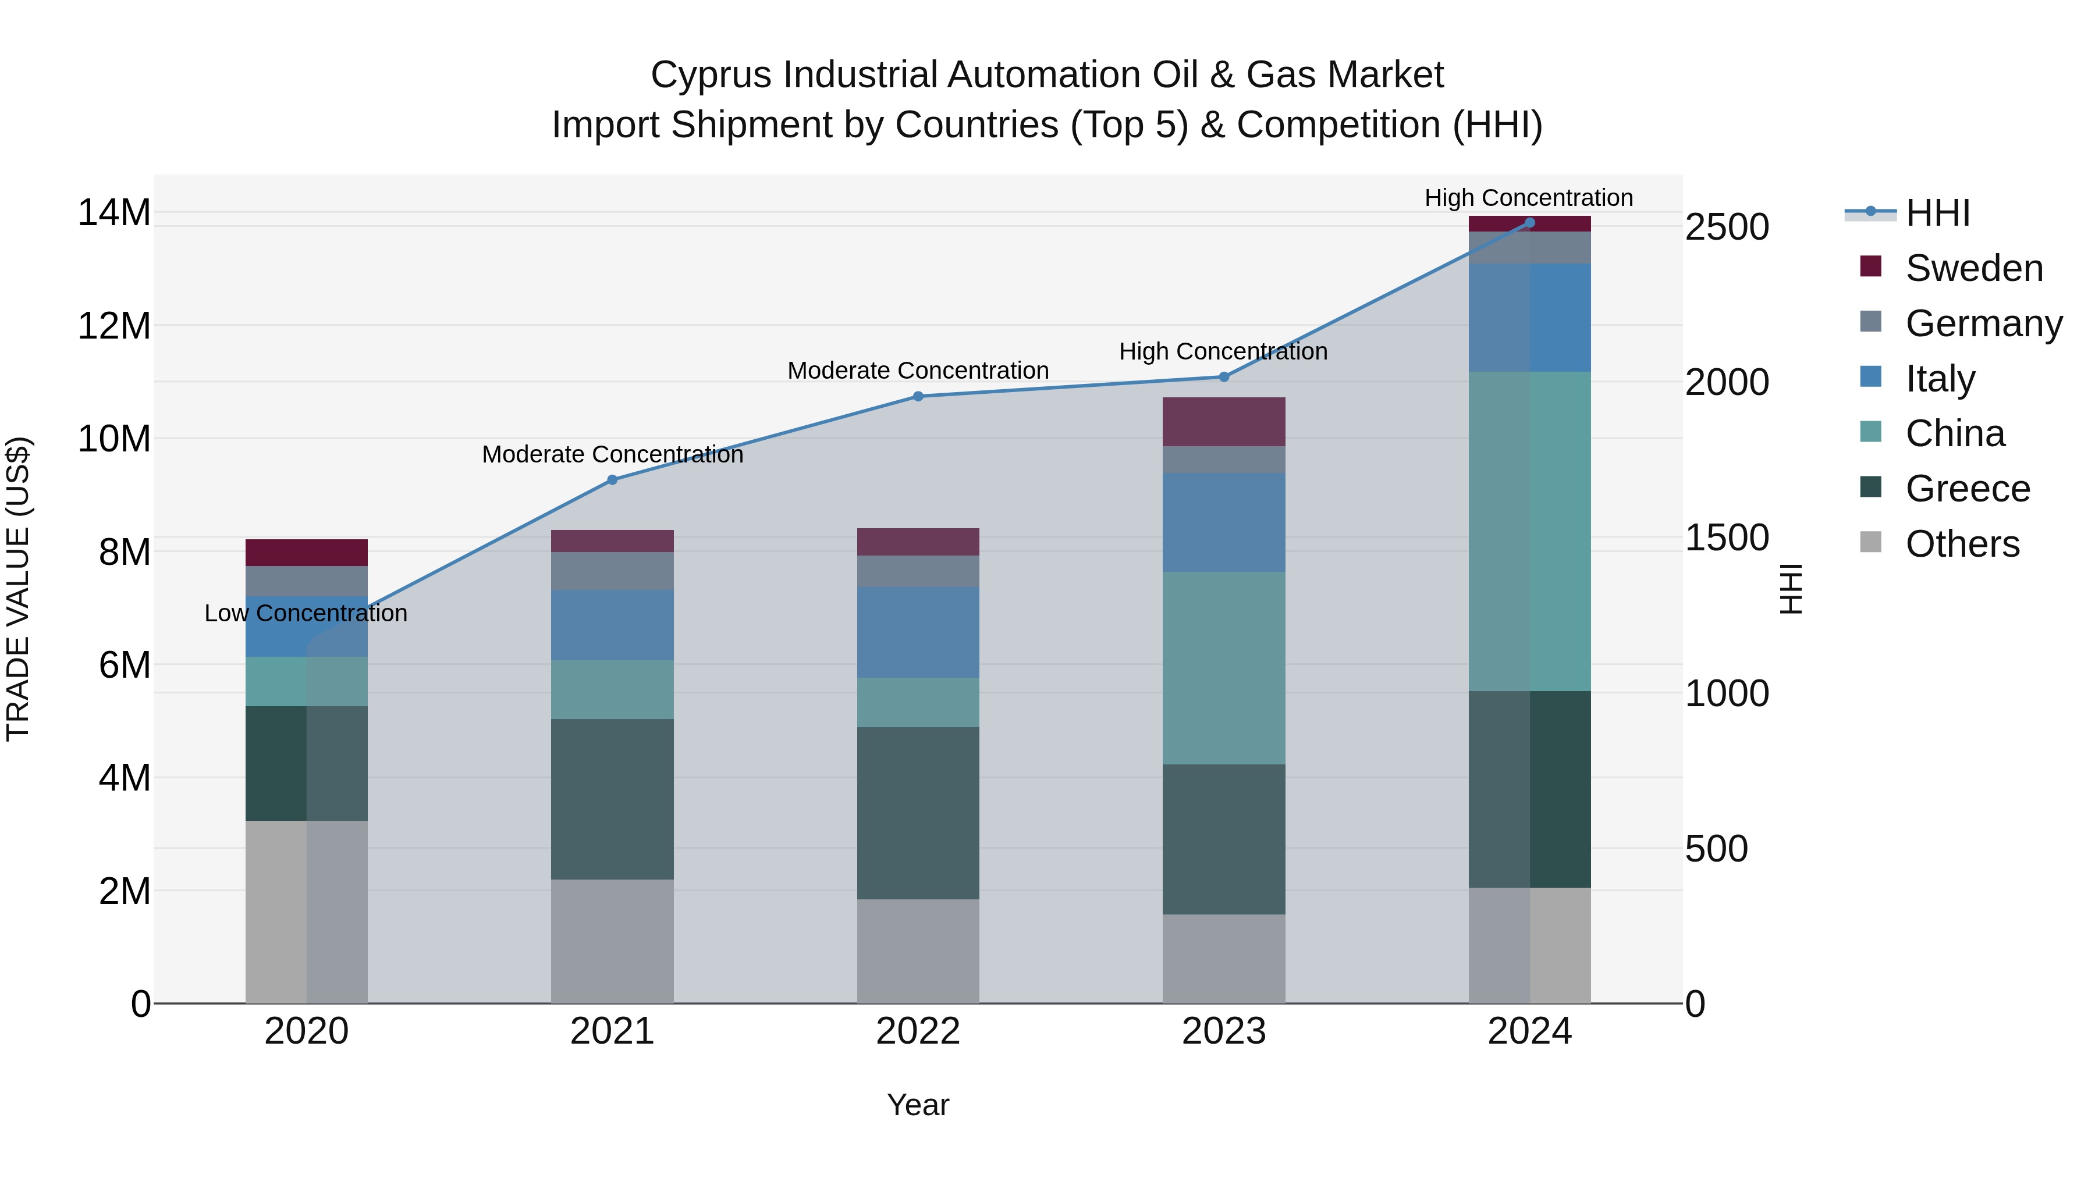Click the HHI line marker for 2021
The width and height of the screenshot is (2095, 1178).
612,480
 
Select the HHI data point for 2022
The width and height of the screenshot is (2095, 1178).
918,396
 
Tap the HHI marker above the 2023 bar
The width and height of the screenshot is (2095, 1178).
1224,376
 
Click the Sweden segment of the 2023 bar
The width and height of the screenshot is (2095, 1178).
1224,421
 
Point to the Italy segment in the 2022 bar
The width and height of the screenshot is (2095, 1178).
918,632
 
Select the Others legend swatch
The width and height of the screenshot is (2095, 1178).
1870,542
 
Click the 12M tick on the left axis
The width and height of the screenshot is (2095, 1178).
114,326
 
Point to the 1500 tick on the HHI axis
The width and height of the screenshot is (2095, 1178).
1727,538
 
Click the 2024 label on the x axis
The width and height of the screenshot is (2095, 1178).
1529,1031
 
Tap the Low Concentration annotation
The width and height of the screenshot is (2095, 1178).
306,613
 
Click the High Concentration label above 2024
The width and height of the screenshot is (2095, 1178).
1528,198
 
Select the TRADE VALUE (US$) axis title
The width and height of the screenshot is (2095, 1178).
18,589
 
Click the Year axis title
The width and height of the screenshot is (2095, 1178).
918,1105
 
